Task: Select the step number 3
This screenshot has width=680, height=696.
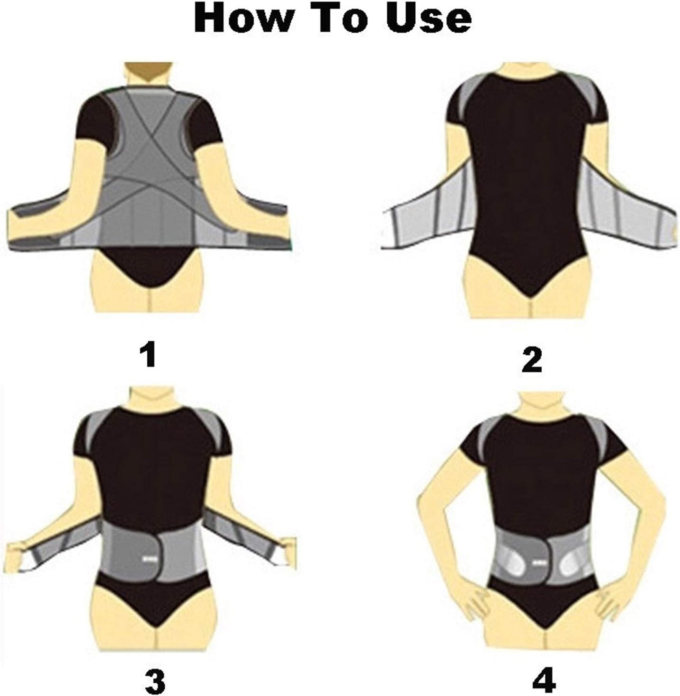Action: coord(155,669)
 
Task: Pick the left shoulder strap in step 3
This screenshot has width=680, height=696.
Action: coord(90,428)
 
